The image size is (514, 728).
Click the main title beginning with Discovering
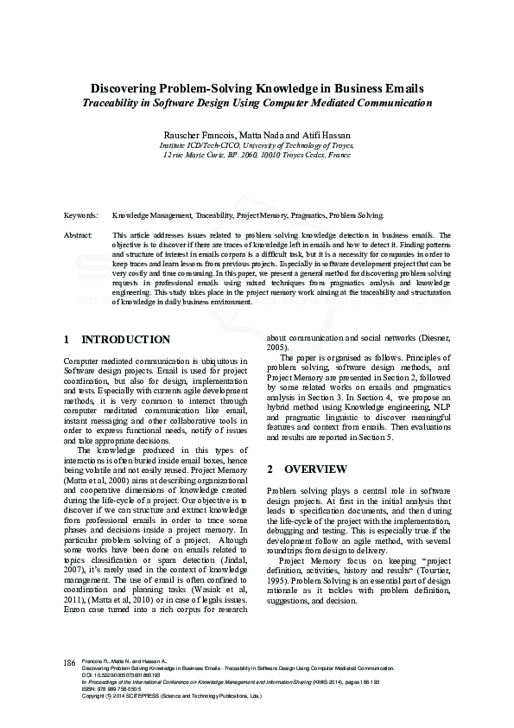[257, 88]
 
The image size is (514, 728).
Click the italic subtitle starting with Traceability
[257, 103]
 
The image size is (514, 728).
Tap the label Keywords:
[80, 214]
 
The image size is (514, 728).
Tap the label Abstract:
[79, 234]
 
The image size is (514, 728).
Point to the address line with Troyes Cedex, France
[257, 155]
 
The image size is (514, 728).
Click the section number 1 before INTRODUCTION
[67, 340]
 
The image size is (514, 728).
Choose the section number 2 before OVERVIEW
[270, 469]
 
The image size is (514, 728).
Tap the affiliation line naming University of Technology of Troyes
[257, 146]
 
